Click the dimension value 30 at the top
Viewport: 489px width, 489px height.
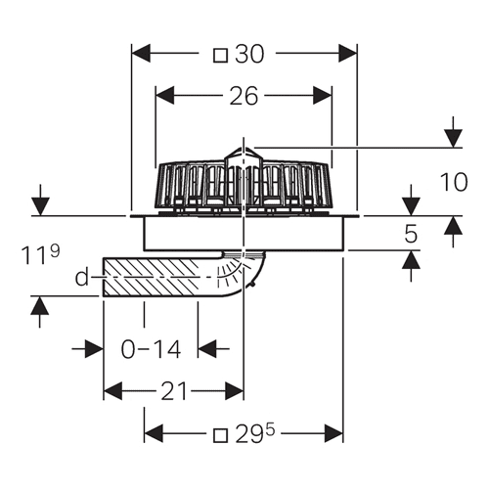(x=249, y=54)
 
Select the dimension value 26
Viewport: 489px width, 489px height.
(x=244, y=96)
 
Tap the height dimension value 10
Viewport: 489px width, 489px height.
(x=454, y=182)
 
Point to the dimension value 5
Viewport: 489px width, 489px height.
(x=411, y=234)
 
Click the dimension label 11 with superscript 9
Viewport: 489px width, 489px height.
(x=41, y=254)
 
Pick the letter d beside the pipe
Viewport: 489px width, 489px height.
(x=82, y=277)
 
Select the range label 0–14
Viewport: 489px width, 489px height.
(x=151, y=349)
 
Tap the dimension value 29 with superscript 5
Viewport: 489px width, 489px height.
(x=255, y=433)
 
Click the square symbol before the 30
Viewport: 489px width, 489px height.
(x=220, y=55)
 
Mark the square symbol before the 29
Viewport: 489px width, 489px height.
(x=220, y=435)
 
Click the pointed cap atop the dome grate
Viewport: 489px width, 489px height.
(x=244, y=154)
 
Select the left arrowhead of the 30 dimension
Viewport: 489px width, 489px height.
(x=141, y=54)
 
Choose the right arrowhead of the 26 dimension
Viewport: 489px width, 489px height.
(x=323, y=96)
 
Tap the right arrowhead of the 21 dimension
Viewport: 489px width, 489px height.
(x=234, y=391)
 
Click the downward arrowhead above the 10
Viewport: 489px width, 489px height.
(x=453, y=138)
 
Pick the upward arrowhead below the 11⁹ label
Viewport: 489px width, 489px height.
(x=40, y=306)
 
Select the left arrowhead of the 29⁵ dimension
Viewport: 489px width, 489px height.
(x=154, y=433)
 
